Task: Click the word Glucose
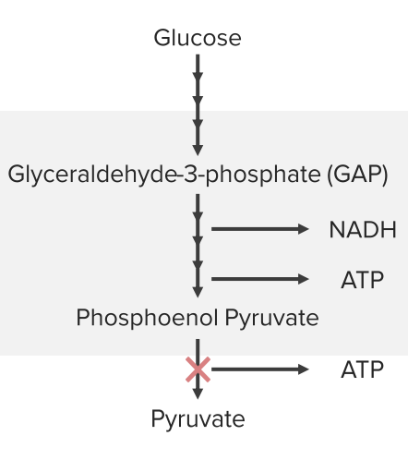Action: (198, 38)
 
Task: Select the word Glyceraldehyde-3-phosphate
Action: (164, 175)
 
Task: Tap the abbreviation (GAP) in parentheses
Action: (357, 175)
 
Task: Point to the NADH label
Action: (363, 230)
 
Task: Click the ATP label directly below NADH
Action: (363, 280)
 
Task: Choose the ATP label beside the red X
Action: (363, 369)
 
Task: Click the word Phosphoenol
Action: (148, 318)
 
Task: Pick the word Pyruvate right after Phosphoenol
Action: (272, 318)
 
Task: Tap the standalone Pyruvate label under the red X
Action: (198, 419)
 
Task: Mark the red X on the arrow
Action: (198, 369)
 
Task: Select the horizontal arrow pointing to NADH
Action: (260, 229)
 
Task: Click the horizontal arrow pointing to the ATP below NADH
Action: (260, 279)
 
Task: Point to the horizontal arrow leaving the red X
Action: (260, 369)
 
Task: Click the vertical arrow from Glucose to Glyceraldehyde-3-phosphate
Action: (198, 105)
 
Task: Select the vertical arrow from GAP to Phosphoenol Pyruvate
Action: (198, 246)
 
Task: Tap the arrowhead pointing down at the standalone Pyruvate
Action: (198, 394)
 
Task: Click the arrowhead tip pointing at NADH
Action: (308, 229)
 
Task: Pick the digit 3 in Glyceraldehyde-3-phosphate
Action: (191, 175)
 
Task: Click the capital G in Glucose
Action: (162, 38)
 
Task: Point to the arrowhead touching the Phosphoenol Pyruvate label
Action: (198, 292)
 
